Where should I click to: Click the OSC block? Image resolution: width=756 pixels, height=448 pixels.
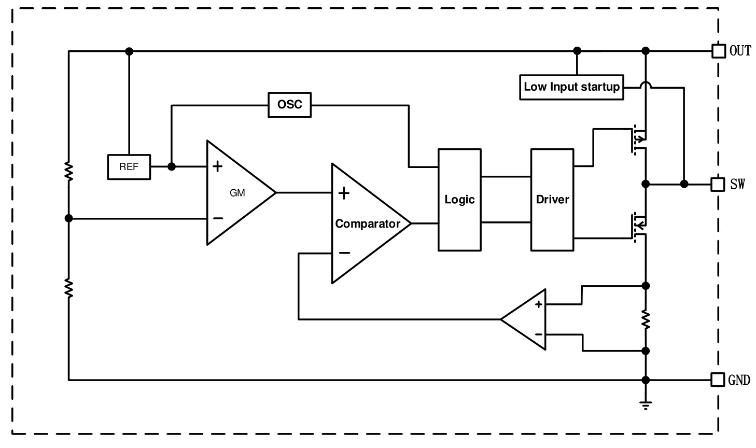(x=289, y=105)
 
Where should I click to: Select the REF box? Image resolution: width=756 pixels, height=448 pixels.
(x=129, y=167)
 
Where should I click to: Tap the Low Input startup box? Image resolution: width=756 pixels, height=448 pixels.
(x=571, y=87)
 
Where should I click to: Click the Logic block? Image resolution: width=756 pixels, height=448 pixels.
(x=459, y=200)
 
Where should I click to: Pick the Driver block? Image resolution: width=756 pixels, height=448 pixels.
(x=552, y=200)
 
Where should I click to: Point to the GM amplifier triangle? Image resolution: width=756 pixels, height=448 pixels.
(x=236, y=192)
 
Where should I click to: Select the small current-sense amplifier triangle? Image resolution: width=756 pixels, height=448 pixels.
(x=526, y=319)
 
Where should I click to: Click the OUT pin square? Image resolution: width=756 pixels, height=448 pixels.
(x=718, y=51)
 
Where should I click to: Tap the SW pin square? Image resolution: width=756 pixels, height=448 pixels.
(x=718, y=184)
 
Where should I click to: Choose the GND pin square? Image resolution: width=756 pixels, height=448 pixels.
(x=717, y=380)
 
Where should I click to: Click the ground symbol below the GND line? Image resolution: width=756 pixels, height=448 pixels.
(x=646, y=404)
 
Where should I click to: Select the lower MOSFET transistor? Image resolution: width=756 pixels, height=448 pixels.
(x=639, y=225)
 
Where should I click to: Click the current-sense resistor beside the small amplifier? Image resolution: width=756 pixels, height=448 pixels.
(x=646, y=319)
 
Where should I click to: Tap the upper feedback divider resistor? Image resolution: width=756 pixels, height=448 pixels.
(x=69, y=171)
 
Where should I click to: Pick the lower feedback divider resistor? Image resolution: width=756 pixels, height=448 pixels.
(x=69, y=287)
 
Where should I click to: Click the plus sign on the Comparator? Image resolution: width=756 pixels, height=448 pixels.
(x=344, y=193)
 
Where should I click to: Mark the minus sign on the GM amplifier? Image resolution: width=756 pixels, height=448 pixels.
(x=218, y=218)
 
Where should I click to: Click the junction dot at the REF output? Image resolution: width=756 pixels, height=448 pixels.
(x=172, y=166)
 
